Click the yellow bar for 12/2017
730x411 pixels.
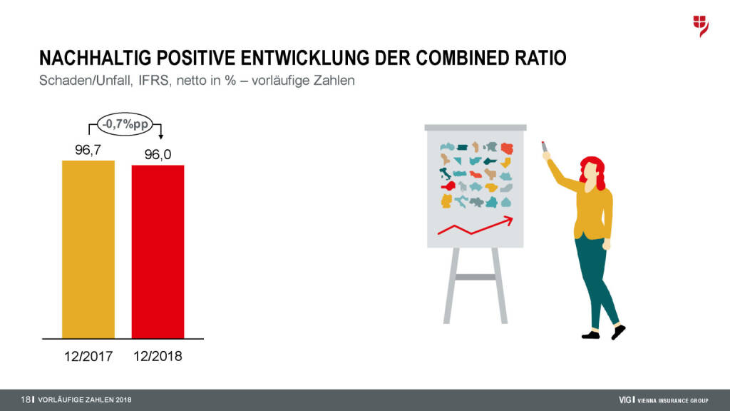click(x=88, y=249)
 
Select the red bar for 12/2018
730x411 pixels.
click(x=158, y=252)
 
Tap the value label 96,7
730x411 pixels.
click(x=88, y=150)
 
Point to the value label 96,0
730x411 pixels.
click(x=158, y=155)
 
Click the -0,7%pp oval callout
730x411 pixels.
click(x=125, y=124)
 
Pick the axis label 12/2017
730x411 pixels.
click(x=88, y=357)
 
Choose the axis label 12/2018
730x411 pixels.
click(x=158, y=357)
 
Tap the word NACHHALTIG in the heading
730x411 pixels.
click(x=96, y=58)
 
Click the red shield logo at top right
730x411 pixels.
click(x=701, y=26)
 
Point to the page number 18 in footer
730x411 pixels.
click(x=25, y=400)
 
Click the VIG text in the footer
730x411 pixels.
click(x=625, y=400)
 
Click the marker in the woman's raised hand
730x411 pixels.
click(x=544, y=147)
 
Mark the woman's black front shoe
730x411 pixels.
click(x=618, y=332)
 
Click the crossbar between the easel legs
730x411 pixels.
click(x=475, y=278)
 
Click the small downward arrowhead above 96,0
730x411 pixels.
click(x=160, y=137)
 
